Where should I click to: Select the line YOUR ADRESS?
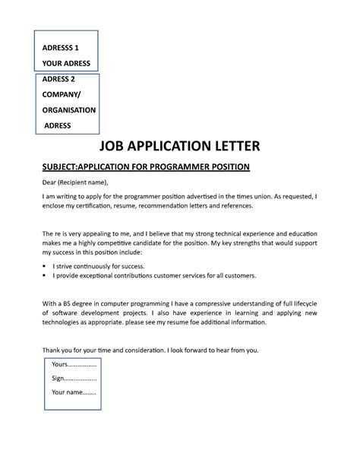[x=67, y=63]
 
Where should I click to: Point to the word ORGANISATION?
[x=69, y=109]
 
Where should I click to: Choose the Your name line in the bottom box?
[x=74, y=392]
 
